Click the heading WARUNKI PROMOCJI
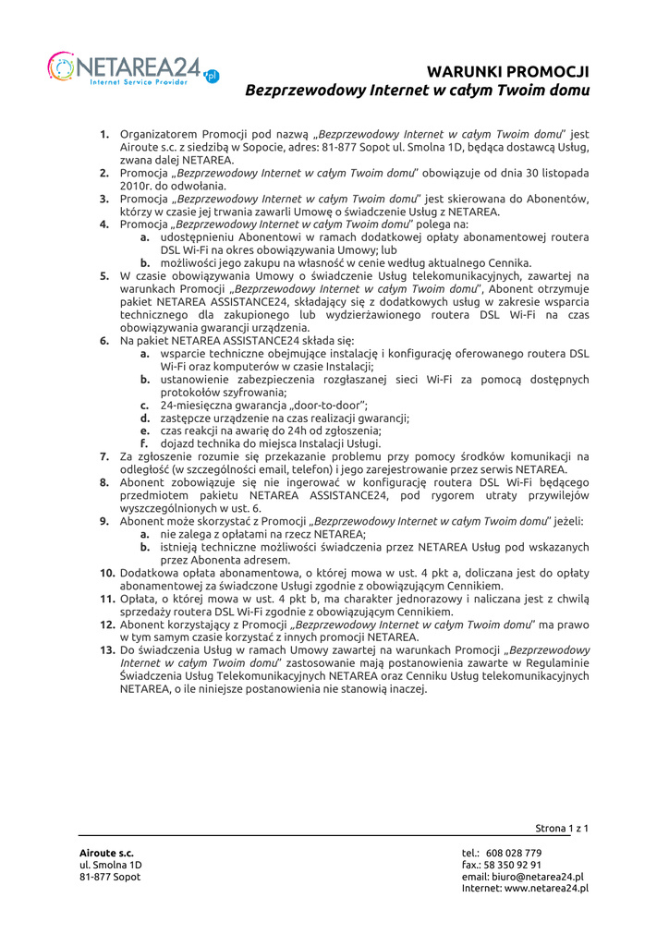point(509,71)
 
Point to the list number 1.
point(106,134)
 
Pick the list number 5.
point(106,275)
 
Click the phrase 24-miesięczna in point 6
point(196,405)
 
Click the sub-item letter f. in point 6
point(145,443)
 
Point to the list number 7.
point(106,456)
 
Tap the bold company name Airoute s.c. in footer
point(105,852)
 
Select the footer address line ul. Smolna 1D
point(110,864)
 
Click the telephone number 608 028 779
point(514,852)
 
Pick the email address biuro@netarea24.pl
point(541,876)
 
